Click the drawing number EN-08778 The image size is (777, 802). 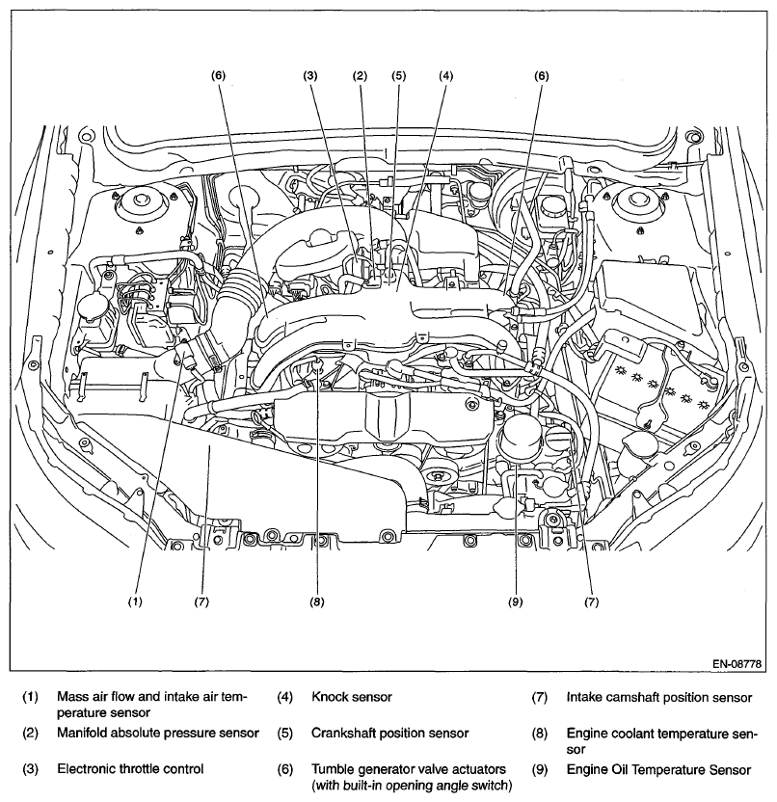[x=737, y=664]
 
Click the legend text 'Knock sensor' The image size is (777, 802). [x=352, y=695]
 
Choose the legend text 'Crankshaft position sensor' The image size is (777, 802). [x=389, y=733]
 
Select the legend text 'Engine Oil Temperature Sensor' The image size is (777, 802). [x=658, y=769]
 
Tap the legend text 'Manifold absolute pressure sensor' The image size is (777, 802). [x=158, y=733]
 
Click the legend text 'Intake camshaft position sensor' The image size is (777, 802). [x=658, y=695]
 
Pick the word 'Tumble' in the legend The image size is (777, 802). [x=334, y=769]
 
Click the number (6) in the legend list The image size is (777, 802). [x=285, y=769]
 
